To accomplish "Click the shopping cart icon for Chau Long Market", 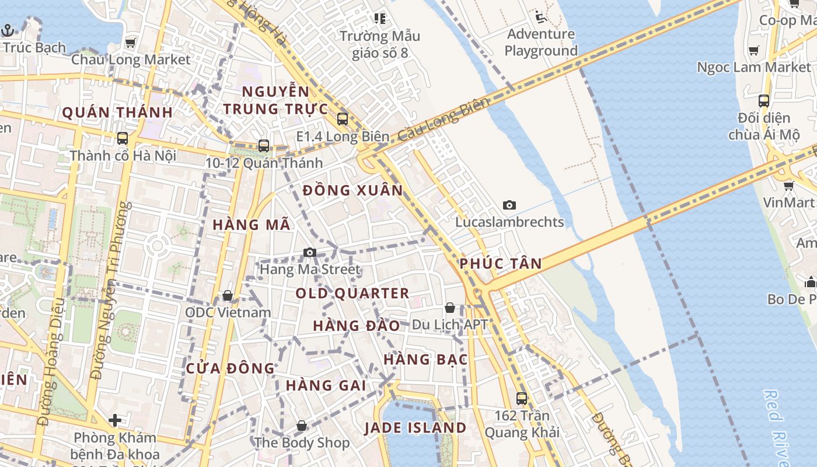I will pyautogui.click(x=130, y=43).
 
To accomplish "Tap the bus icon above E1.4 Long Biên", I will pyautogui.click(x=343, y=119).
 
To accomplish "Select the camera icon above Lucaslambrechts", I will pyautogui.click(x=509, y=205).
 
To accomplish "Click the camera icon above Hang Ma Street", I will pyautogui.click(x=310, y=252).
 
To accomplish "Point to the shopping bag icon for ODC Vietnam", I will pyautogui.click(x=228, y=295).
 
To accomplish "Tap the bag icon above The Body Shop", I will pyautogui.click(x=302, y=426).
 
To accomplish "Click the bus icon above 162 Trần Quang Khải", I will pyautogui.click(x=522, y=399).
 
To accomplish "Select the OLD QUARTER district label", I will pyautogui.click(x=352, y=293).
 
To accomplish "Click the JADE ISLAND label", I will pyautogui.click(x=416, y=428).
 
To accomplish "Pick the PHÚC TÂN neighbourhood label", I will pyautogui.click(x=501, y=263).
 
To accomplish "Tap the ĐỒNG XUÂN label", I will pyautogui.click(x=353, y=190).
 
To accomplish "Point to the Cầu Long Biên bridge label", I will pyautogui.click(x=444, y=119).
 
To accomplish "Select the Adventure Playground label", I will pyautogui.click(x=541, y=42).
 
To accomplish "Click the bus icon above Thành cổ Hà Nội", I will pyautogui.click(x=123, y=138).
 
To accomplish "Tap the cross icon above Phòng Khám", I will pyautogui.click(x=115, y=420).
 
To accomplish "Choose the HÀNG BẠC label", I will pyautogui.click(x=426, y=359).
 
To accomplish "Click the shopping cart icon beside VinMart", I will pyautogui.click(x=788, y=186).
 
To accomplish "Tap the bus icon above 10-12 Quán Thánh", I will pyautogui.click(x=264, y=146).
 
